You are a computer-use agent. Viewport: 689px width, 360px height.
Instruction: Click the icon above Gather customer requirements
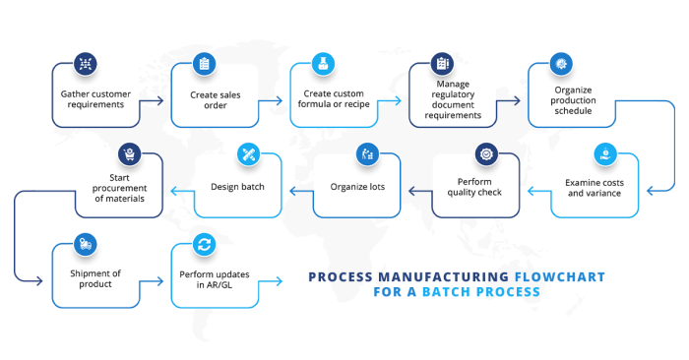86,64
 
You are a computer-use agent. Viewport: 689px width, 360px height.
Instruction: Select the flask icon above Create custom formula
322,64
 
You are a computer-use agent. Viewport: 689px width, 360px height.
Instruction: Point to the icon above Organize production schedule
560,64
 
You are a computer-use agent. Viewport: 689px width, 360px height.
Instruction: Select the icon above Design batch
248,153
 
